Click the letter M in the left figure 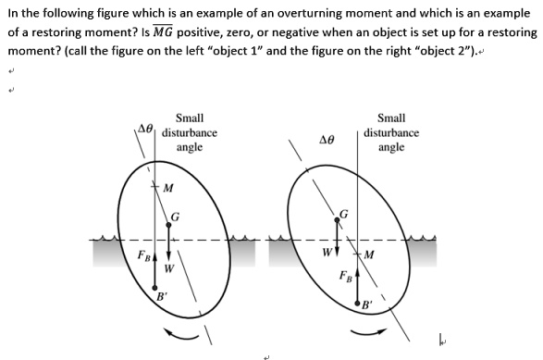167,190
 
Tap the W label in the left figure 168,269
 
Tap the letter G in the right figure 344,214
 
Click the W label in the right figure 327,249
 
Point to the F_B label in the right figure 344,275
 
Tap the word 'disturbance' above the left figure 190,132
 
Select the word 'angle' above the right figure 391,147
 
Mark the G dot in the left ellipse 167,223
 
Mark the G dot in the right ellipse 337,222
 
